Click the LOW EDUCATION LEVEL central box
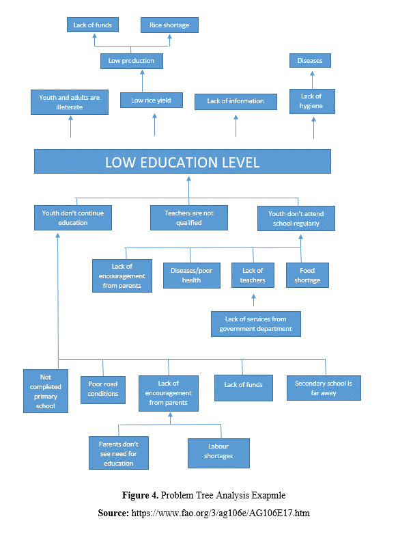point(182,161)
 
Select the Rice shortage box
point(169,25)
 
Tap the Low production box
point(131,61)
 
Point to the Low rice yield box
point(152,100)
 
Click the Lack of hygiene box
point(312,101)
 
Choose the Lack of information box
point(236,101)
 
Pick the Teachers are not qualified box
point(189,217)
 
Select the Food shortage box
point(307,275)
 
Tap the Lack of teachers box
point(253,275)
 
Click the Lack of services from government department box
point(256,324)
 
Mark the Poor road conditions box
point(102,390)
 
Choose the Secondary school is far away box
point(324,388)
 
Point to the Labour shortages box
point(218,453)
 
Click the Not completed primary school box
point(46,391)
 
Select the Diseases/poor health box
point(192,275)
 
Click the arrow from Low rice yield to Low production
point(142,81)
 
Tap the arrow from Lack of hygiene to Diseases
point(312,80)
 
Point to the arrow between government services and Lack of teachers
point(253,300)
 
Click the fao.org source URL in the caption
point(221,513)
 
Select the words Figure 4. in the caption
point(140,495)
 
